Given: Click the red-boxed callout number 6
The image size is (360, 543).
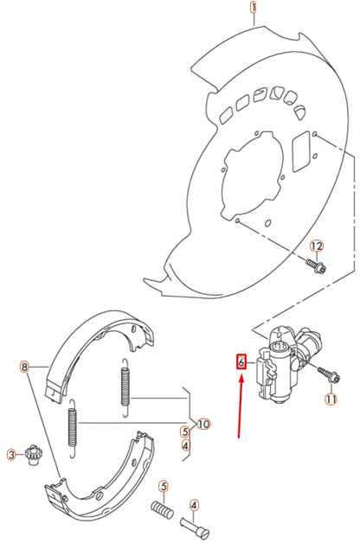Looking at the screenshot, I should coord(241,363).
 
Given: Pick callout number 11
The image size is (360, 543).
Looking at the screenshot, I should coord(330,399).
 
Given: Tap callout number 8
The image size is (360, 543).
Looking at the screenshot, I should coord(24,367).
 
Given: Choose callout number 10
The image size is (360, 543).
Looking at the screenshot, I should coord(204,424).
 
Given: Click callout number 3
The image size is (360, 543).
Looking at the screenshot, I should coord(11,454).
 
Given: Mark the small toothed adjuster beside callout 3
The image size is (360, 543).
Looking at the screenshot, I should coord(35,452).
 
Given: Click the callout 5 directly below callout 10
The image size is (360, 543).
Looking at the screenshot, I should coord(185,431).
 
